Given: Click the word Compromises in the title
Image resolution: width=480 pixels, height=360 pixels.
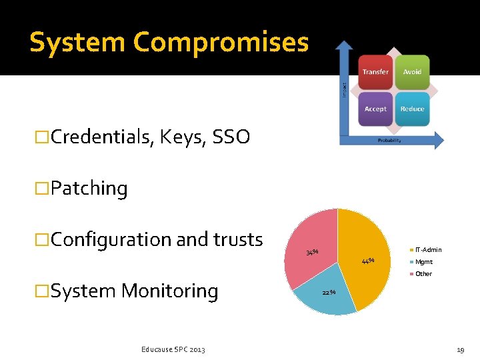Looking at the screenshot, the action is [221, 43].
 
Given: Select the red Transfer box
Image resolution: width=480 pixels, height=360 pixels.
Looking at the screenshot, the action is [375, 72].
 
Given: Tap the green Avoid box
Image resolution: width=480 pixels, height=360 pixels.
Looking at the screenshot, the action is [412, 72].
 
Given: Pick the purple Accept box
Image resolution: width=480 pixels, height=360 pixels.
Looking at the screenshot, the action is [375, 109].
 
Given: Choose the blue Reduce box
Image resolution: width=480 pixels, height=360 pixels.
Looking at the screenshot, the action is [412, 109].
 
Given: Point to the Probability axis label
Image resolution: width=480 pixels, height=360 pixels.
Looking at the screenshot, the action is [389, 141].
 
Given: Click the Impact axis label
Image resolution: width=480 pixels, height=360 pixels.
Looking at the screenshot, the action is [344, 89].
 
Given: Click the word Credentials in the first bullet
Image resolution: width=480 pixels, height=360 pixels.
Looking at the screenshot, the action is [102, 137].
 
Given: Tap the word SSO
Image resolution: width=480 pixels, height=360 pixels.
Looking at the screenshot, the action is [231, 137].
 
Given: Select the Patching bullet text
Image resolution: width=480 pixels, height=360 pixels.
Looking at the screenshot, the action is [89, 189].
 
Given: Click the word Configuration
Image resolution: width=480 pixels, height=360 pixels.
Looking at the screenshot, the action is [102, 239].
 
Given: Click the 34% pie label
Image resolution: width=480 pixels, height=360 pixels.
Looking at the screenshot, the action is [311, 253].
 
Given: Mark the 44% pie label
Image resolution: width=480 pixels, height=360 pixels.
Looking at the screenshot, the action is [367, 260].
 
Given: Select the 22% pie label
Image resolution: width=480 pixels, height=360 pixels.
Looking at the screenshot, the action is [328, 292].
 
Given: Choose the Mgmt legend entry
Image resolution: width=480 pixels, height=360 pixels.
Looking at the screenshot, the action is [423, 262].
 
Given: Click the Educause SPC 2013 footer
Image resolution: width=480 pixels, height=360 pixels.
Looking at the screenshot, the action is [173, 349].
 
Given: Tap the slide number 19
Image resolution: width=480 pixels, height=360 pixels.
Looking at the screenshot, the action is [460, 349].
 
